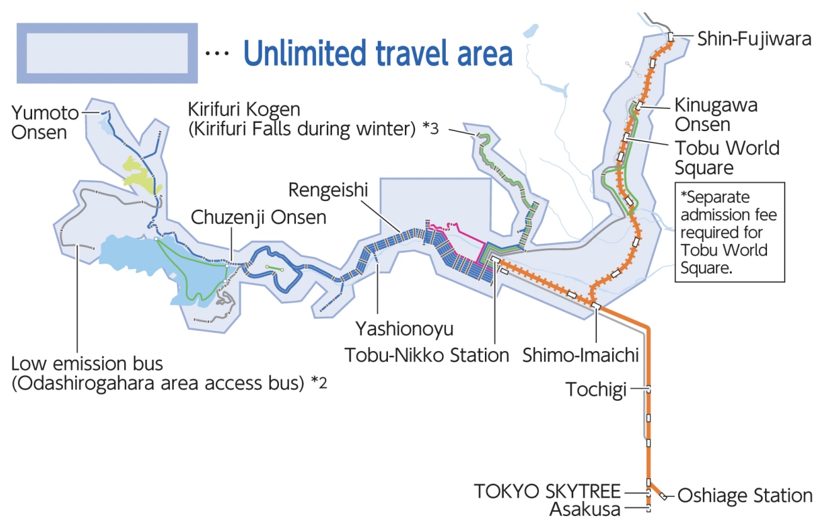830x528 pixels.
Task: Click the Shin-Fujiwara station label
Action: (754, 39)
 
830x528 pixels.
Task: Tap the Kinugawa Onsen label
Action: (715, 114)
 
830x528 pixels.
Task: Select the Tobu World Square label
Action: (727, 158)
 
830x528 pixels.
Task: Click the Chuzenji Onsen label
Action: (258, 218)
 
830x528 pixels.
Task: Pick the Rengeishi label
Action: (328, 189)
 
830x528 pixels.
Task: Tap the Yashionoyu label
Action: (404, 328)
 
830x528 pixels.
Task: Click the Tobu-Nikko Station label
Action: (426, 355)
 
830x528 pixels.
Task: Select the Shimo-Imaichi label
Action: (580, 355)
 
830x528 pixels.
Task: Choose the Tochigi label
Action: (595, 389)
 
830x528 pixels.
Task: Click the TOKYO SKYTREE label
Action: (547, 491)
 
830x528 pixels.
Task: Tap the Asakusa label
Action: (585, 509)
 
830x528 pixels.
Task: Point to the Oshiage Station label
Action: (744, 496)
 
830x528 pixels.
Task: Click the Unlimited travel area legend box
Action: (106, 53)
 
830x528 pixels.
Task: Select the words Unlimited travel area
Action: (378, 54)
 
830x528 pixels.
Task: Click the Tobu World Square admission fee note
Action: (729, 232)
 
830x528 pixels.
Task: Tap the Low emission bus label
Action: (87, 364)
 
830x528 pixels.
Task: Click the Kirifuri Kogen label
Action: (244, 109)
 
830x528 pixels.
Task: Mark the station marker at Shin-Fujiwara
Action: (671, 37)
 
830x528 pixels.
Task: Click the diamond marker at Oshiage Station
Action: (663, 496)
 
